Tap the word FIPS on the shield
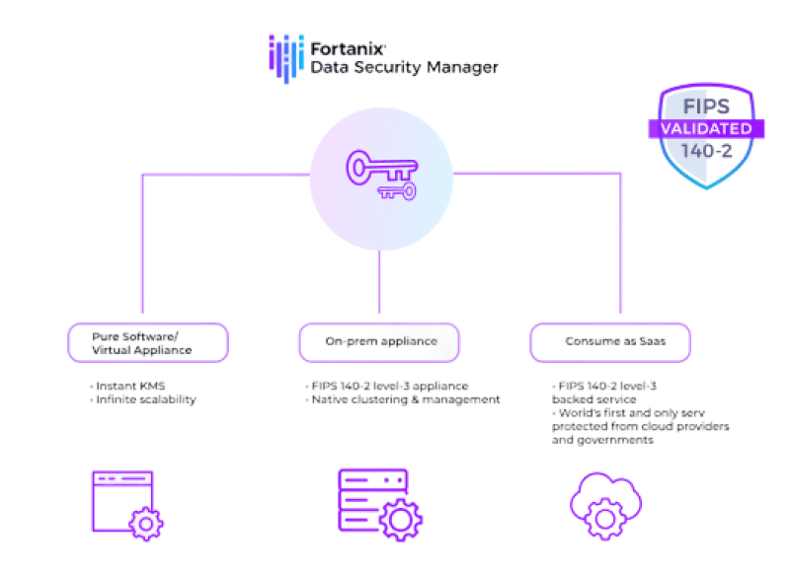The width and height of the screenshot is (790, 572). (706, 107)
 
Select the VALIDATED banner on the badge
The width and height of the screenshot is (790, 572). (705, 129)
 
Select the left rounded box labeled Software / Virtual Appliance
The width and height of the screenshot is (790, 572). (148, 341)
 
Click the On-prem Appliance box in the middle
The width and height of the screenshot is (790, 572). (381, 341)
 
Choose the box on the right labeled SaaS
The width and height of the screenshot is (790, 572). (608, 341)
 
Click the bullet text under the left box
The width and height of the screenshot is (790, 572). (144, 393)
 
